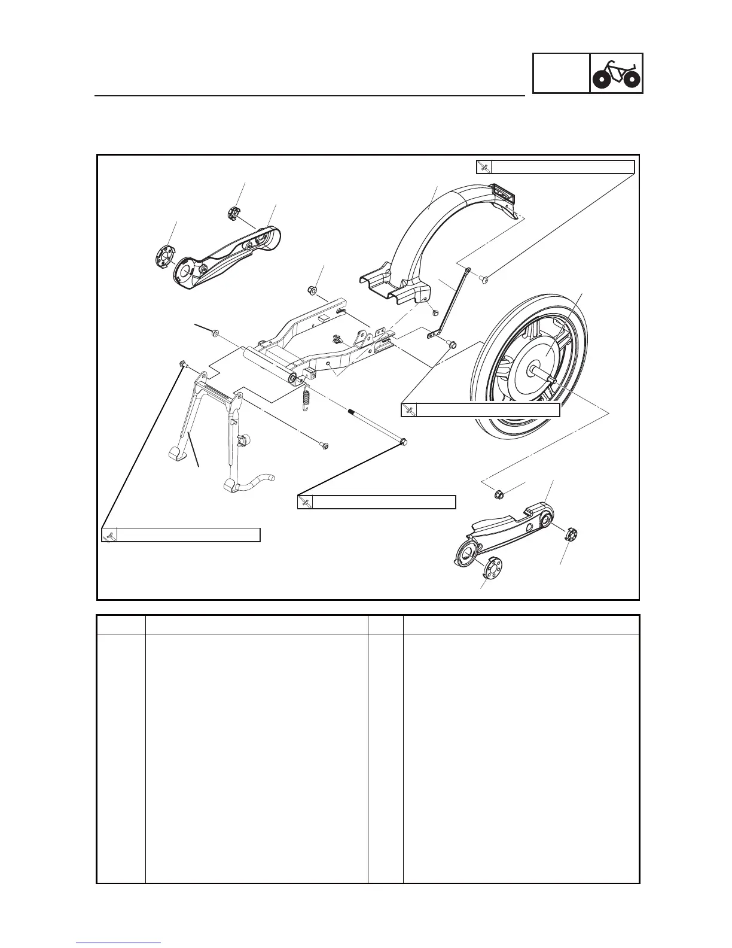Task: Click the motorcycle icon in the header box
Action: (617, 74)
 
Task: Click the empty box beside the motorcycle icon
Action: (561, 74)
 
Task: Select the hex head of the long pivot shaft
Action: (403, 442)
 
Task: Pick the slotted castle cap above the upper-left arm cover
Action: (234, 212)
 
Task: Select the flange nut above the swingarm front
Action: (311, 290)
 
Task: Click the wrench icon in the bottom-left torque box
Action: (109, 535)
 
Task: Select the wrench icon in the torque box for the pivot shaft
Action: (305, 502)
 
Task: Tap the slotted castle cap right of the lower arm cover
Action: (569, 534)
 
